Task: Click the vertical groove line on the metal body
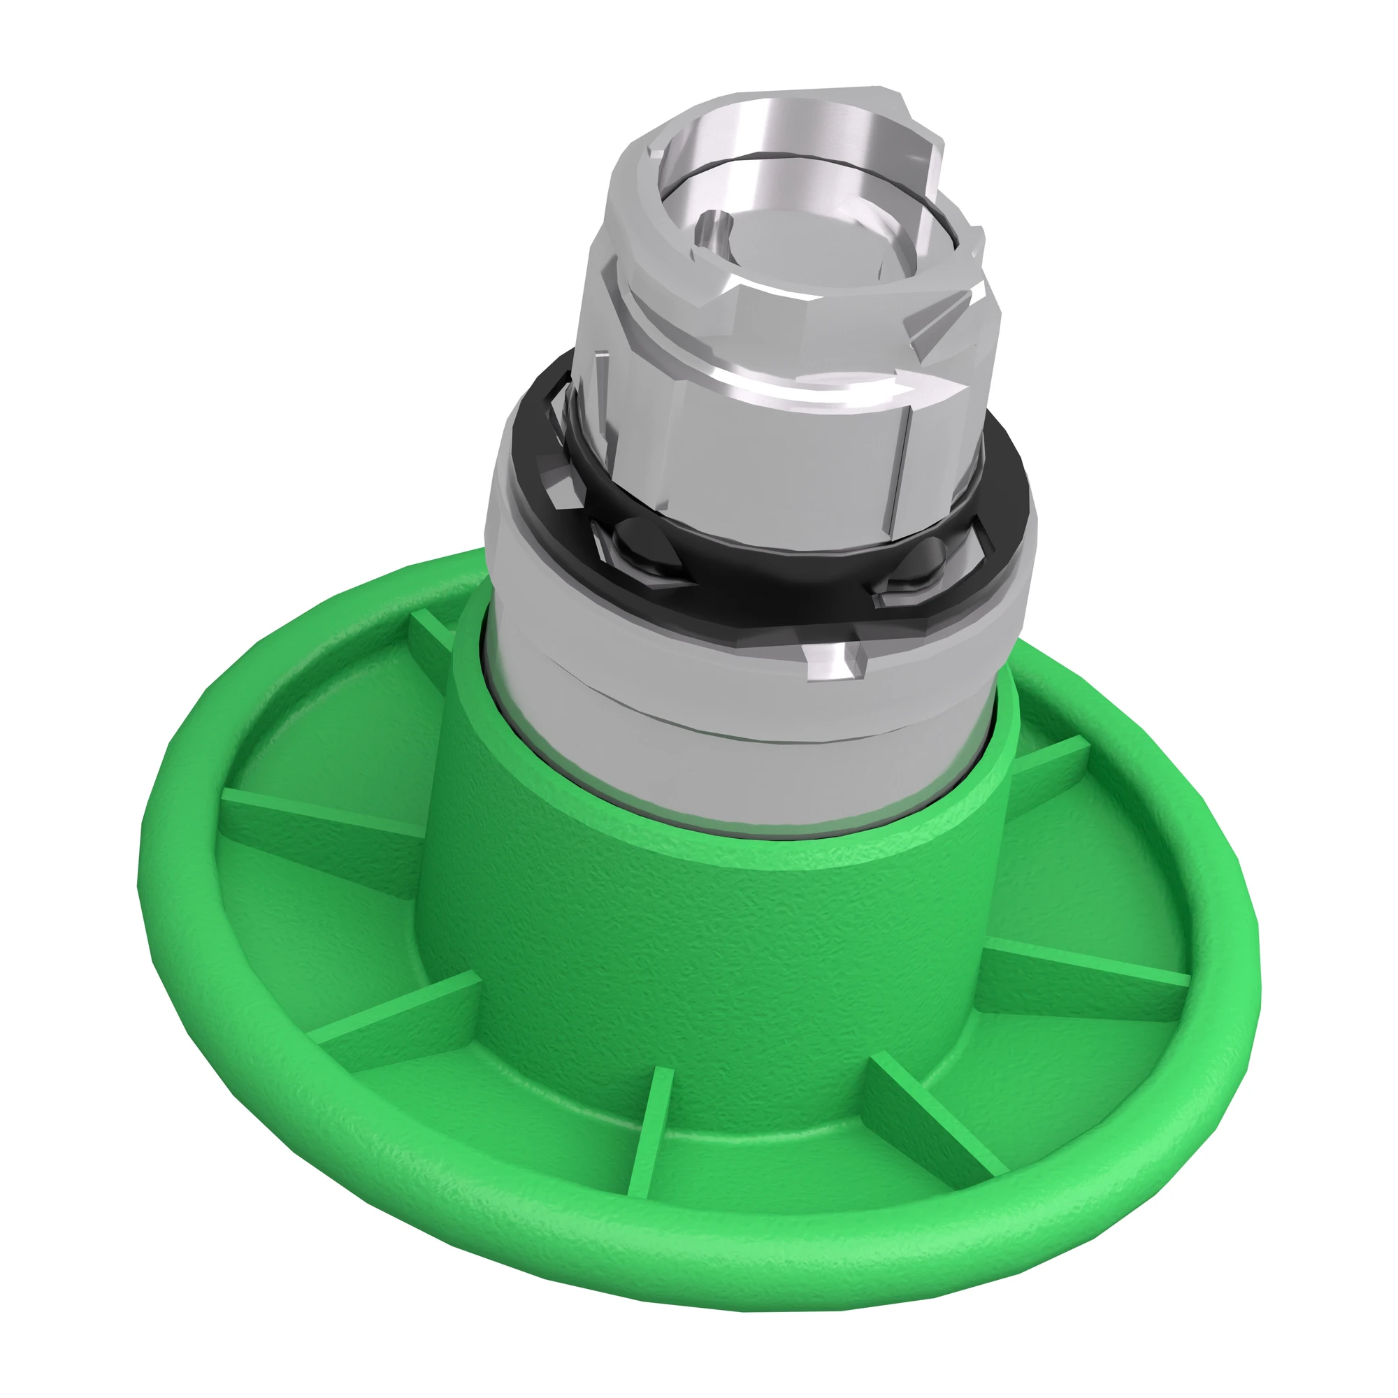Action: (x=898, y=463)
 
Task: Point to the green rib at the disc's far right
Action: (x=1086, y=970)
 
